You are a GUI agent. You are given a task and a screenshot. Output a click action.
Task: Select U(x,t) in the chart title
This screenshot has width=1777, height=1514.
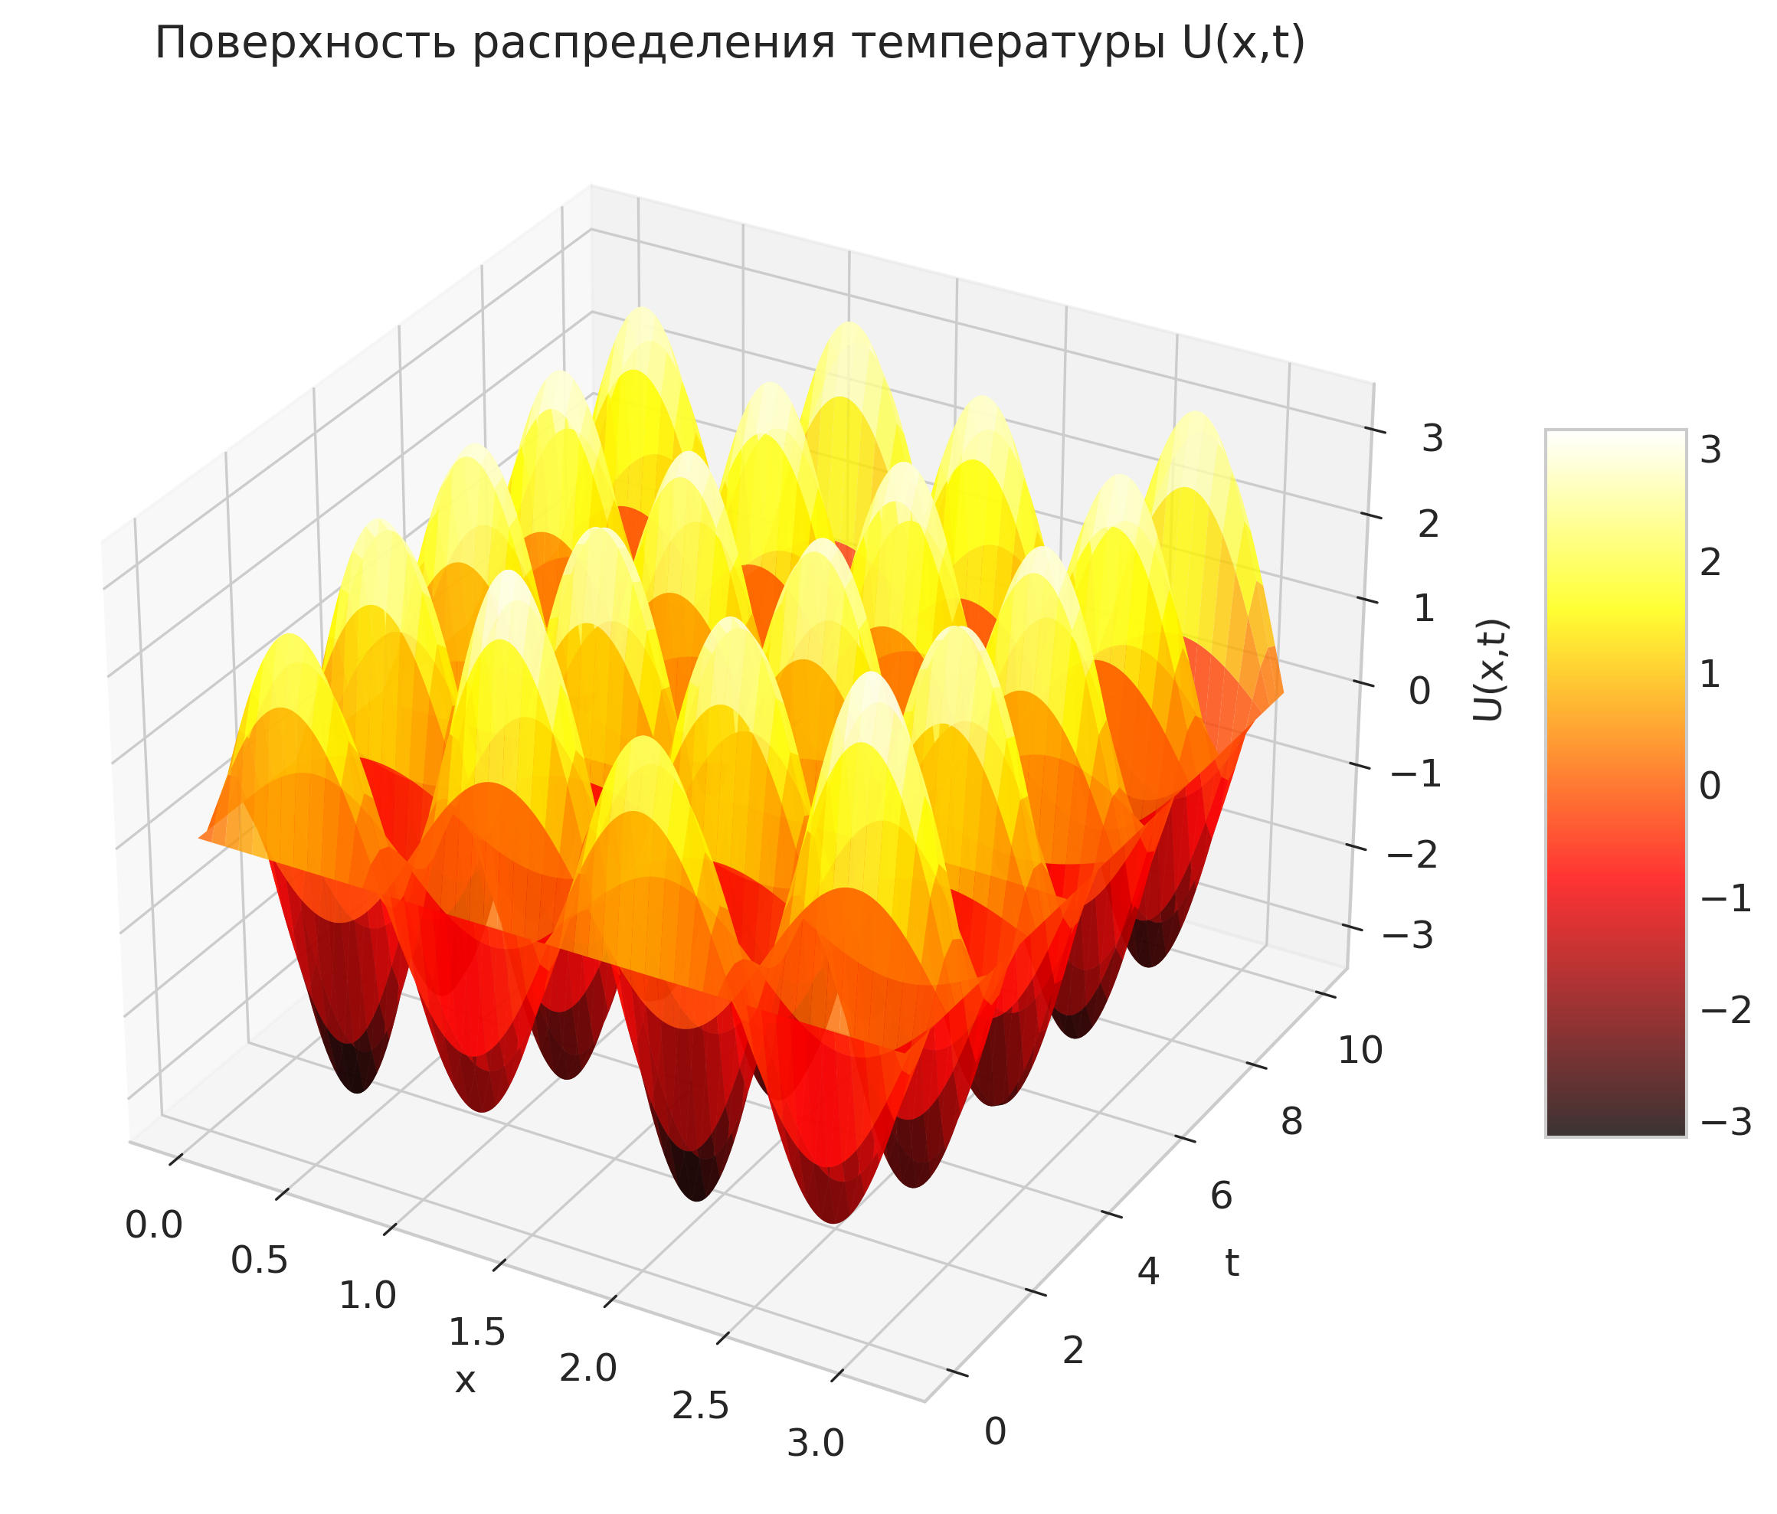click(1242, 43)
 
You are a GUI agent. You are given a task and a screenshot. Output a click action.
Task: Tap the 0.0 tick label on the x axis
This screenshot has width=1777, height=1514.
click(155, 1225)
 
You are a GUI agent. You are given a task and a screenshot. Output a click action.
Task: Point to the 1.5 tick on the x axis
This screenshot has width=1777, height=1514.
click(477, 1333)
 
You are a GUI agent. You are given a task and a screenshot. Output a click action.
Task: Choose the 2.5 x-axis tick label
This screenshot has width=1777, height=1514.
click(701, 1407)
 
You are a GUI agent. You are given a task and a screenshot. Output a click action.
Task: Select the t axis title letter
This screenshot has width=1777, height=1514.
click(1232, 1263)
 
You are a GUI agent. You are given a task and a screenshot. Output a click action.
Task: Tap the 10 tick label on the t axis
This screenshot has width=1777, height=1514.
click(1360, 1051)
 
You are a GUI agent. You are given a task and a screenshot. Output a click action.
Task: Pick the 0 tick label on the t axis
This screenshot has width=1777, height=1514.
click(995, 1432)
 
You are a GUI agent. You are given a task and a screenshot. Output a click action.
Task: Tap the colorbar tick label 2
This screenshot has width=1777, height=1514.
click(1710, 563)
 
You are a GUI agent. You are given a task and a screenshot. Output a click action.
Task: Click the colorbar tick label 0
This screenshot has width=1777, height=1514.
click(1710, 786)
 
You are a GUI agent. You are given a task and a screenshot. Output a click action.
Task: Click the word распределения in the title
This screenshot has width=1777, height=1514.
click(654, 44)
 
